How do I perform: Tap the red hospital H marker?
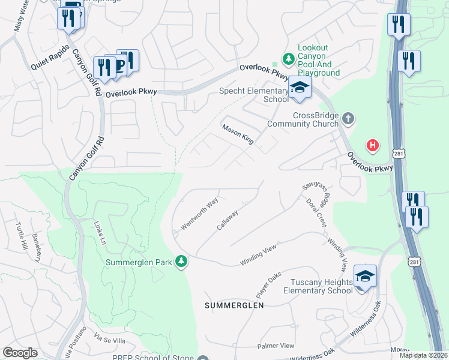tap(373, 145)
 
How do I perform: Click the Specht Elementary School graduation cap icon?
tap(299, 89)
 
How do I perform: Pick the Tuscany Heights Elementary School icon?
tap(364, 277)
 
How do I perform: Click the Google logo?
tap(20, 353)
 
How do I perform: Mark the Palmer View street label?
tap(276, 346)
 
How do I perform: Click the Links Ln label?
tap(99, 232)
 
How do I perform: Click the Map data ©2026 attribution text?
tap(423, 355)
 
